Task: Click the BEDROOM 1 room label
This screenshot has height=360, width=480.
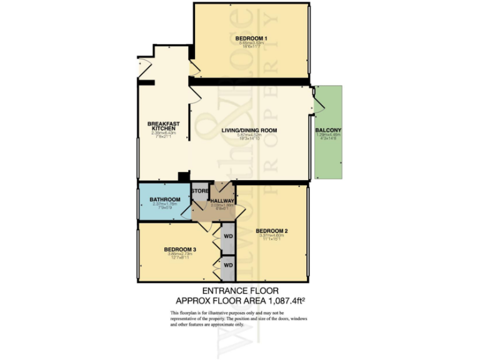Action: [x=251, y=39]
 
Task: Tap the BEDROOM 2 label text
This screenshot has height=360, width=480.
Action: [x=272, y=231]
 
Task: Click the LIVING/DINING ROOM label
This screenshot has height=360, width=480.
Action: [x=249, y=130]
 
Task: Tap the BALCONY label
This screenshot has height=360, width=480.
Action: [x=329, y=130]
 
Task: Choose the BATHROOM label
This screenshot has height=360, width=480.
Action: [x=165, y=200]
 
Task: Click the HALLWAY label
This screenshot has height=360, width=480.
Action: [x=222, y=201]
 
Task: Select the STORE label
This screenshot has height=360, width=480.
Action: [x=200, y=191]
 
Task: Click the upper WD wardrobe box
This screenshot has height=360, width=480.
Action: [x=228, y=237]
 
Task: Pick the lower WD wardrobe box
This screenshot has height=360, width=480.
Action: [x=228, y=265]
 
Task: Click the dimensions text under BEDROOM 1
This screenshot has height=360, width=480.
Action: [x=251, y=45]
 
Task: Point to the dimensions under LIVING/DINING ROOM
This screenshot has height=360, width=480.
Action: [x=249, y=137]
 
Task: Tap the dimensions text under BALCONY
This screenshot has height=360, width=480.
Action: [x=329, y=137]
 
